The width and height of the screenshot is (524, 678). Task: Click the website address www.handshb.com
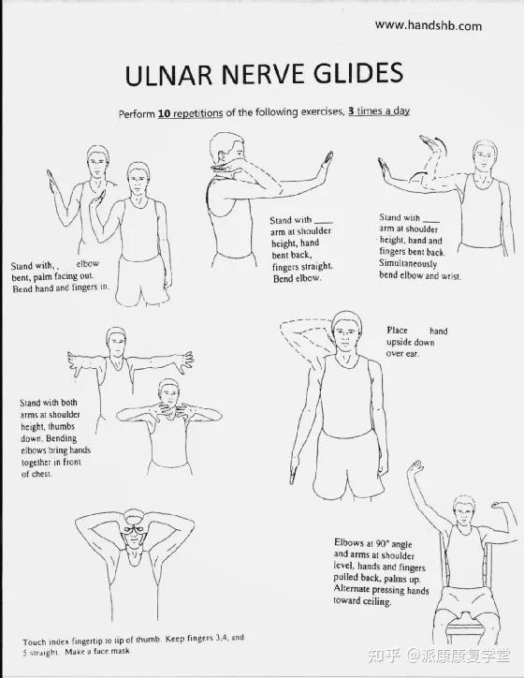click(x=429, y=25)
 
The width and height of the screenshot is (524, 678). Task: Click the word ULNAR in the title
click(x=169, y=74)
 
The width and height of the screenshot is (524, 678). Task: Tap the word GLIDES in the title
click(x=358, y=72)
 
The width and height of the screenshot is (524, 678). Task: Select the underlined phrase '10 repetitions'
click(x=190, y=113)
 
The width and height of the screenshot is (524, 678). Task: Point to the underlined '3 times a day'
click(x=379, y=111)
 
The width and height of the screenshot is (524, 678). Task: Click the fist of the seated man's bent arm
click(x=499, y=505)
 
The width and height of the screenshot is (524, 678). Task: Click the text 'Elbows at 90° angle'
click(x=372, y=543)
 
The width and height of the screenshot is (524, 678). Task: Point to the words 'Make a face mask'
click(x=97, y=651)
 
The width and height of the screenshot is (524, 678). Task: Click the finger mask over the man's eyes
click(x=134, y=529)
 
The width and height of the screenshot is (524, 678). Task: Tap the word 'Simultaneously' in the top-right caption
click(x=408, y=263)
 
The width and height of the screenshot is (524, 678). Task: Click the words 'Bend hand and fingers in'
click(x=61, y=287)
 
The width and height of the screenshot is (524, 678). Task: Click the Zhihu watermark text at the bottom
click(x=439, y=656)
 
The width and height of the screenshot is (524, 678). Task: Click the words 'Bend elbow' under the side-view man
click(x=297, y=279)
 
